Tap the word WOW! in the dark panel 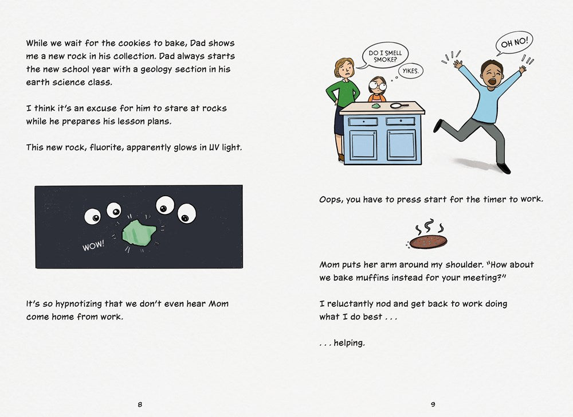pos(93,245)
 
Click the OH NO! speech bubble pos(514,43)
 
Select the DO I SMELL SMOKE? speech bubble pos(385,56)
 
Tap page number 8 pos(140,404)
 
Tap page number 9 pos(433,404)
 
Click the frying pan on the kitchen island pos(399,105)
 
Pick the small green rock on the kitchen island pos(376,106)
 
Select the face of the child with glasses pos(378,87)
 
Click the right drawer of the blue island pos(401,122)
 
